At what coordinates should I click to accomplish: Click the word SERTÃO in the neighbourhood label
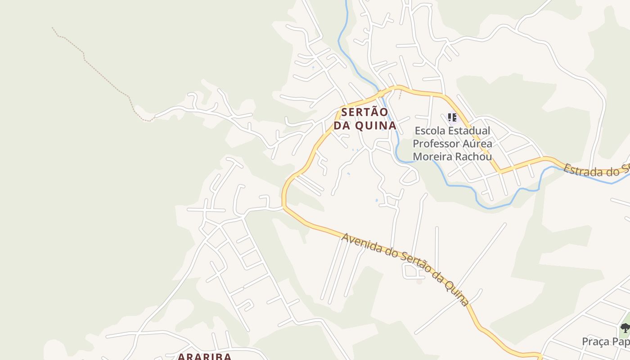click(x=364, y=112)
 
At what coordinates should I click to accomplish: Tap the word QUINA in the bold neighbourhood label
click(x=376, y=126)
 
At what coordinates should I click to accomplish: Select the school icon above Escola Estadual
click(x=452, y=118)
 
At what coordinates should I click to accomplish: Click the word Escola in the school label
click(x=432, y=131)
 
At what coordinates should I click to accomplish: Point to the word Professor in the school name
click(x=434, y=144)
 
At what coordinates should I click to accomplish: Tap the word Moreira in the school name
click(x=431, y=157)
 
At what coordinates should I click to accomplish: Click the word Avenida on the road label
click(x=359, y=243)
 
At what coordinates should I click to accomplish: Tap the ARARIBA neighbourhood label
click(x=204, y=356)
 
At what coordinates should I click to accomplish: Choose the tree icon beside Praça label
click(x=625, y=328)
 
